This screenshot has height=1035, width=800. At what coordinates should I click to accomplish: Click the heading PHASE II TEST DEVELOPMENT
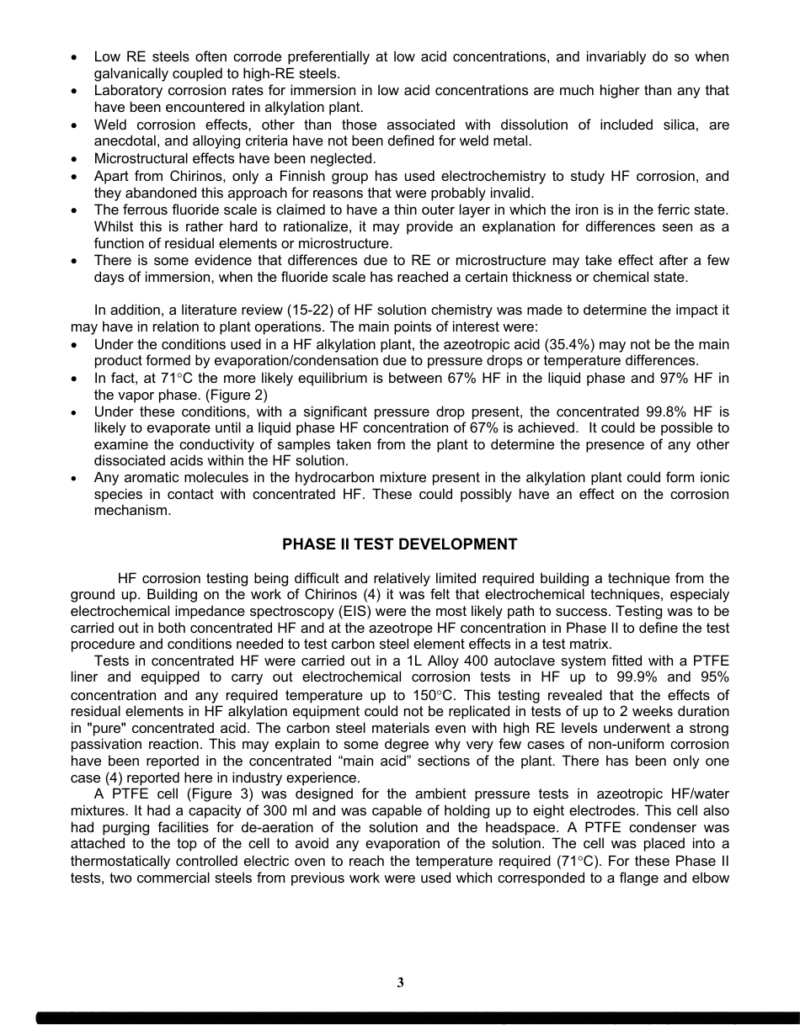399,544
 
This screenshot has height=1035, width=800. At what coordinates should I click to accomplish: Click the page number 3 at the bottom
400,983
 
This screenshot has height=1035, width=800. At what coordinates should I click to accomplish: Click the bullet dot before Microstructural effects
77,159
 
